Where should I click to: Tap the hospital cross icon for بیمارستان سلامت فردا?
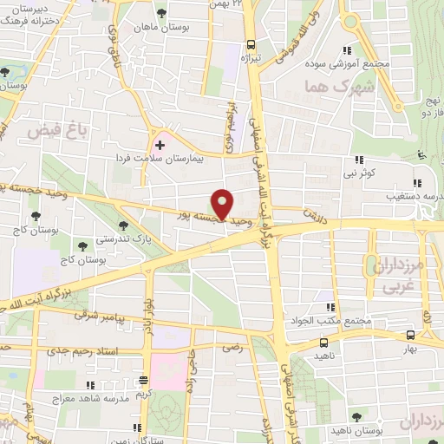pyautogui.click(x=159, y=144)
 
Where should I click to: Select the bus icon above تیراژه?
pyautogui.click(x=251, y=45)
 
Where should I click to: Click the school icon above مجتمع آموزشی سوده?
pyautogui.click(x=349, y=49)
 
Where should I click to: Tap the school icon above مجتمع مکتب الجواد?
pyautogui.click(x=330, y=306)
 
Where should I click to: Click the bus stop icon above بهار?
pyautogui.click(x=411, y=334)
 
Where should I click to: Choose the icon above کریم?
pyautogui.click(x=144, y=380)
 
